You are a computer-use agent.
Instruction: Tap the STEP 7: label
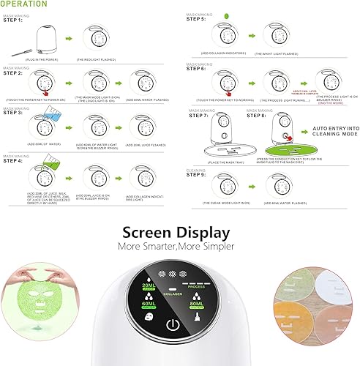pyautogui.click(x=199, y=116)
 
